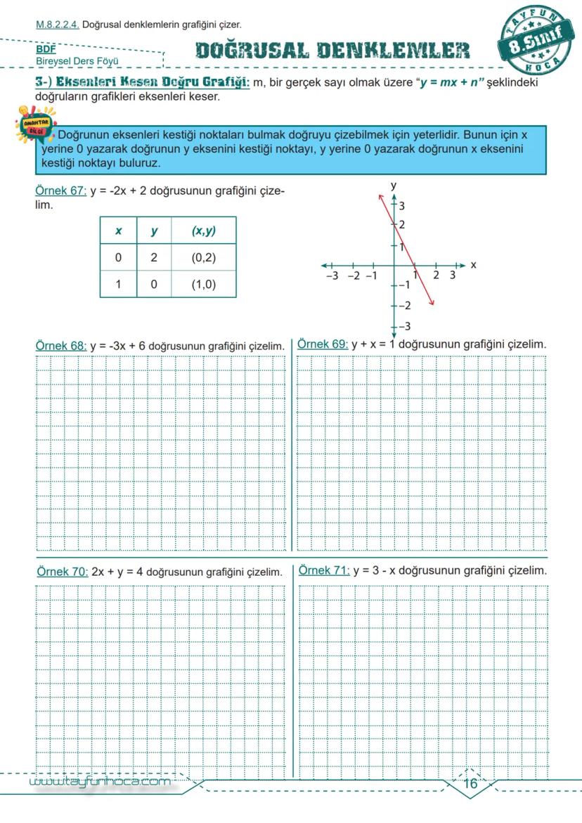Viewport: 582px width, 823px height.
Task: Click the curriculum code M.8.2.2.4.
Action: [x=58, y=25]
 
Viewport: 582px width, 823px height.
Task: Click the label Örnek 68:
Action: [x=61, y=346]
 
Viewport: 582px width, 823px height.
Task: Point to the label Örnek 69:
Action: [x=323, y=344]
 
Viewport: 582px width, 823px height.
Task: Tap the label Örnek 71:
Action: [x=324, y=571]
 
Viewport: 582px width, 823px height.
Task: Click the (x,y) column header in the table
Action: [x=203, y=231]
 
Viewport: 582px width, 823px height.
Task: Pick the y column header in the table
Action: [x=154, y=231]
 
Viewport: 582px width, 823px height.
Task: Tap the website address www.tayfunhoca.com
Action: [x=101, y=782]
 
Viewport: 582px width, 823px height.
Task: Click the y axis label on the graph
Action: [x=394, y=185]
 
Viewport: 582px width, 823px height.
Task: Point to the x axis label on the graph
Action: [x=473, y=265]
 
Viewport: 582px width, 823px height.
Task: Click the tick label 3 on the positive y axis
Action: [x=402, y=206]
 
